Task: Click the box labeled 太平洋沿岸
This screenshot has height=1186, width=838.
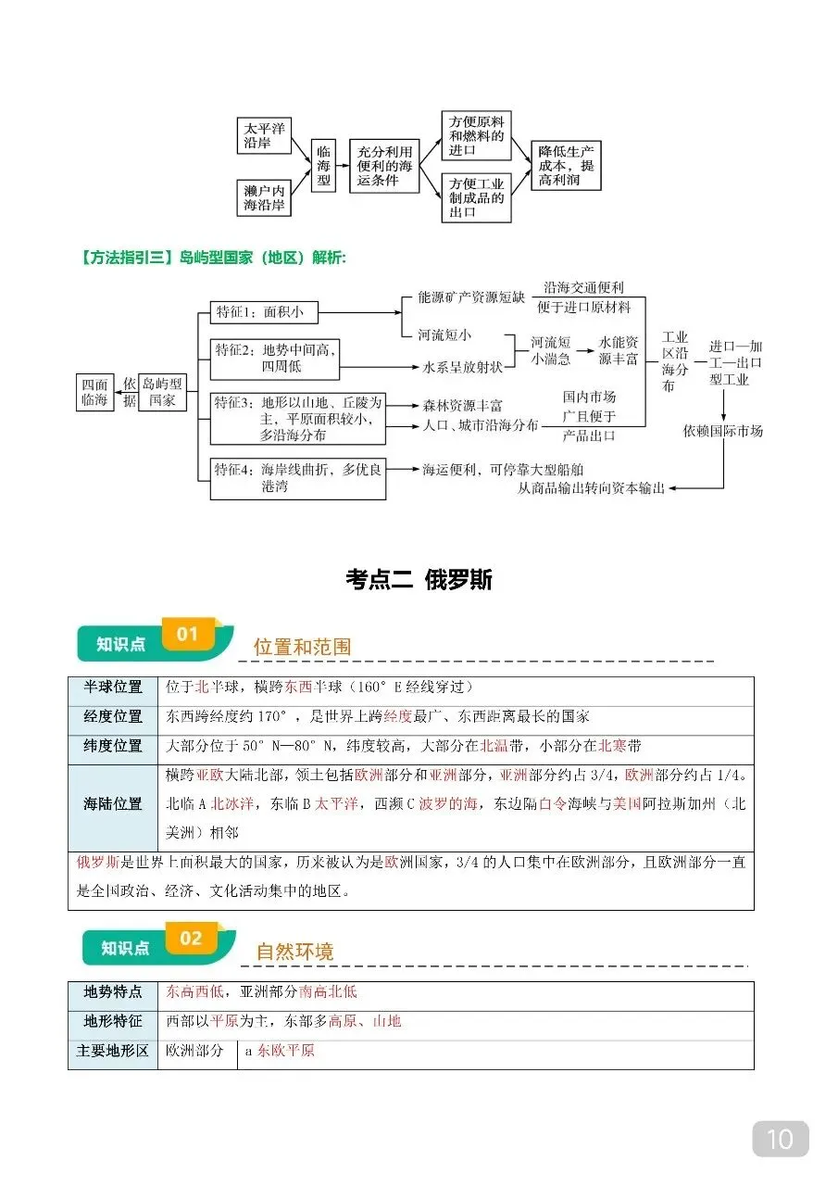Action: (265, 135)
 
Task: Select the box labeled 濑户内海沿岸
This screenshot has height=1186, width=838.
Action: (264, 196)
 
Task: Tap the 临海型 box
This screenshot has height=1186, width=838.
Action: (323, 166)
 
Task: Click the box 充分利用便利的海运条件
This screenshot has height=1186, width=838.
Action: (382, 166)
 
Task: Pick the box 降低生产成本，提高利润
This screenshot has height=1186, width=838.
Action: (566, 166)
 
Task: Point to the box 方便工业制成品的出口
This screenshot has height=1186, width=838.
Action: (476, 197)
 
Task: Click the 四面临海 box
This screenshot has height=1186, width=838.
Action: (94, 393)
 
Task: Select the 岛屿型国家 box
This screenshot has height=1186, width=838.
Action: (162, 393)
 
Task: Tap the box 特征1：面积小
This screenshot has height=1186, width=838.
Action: (263, 312)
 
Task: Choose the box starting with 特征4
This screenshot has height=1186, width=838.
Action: (297, 478)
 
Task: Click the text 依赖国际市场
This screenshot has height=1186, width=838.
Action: (723, 431)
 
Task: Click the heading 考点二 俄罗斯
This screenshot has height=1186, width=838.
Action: (419, 580)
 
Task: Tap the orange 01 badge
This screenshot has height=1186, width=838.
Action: (188, 635)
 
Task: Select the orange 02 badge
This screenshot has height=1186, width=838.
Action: (191, 939)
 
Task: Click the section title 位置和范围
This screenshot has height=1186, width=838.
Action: (302, 647)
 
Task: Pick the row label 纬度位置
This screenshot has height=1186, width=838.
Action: (113, 746)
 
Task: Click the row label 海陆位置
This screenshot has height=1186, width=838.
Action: (113, 803)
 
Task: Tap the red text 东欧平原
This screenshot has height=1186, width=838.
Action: (286, 1051)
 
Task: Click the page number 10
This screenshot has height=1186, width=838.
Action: (781, 1138)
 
